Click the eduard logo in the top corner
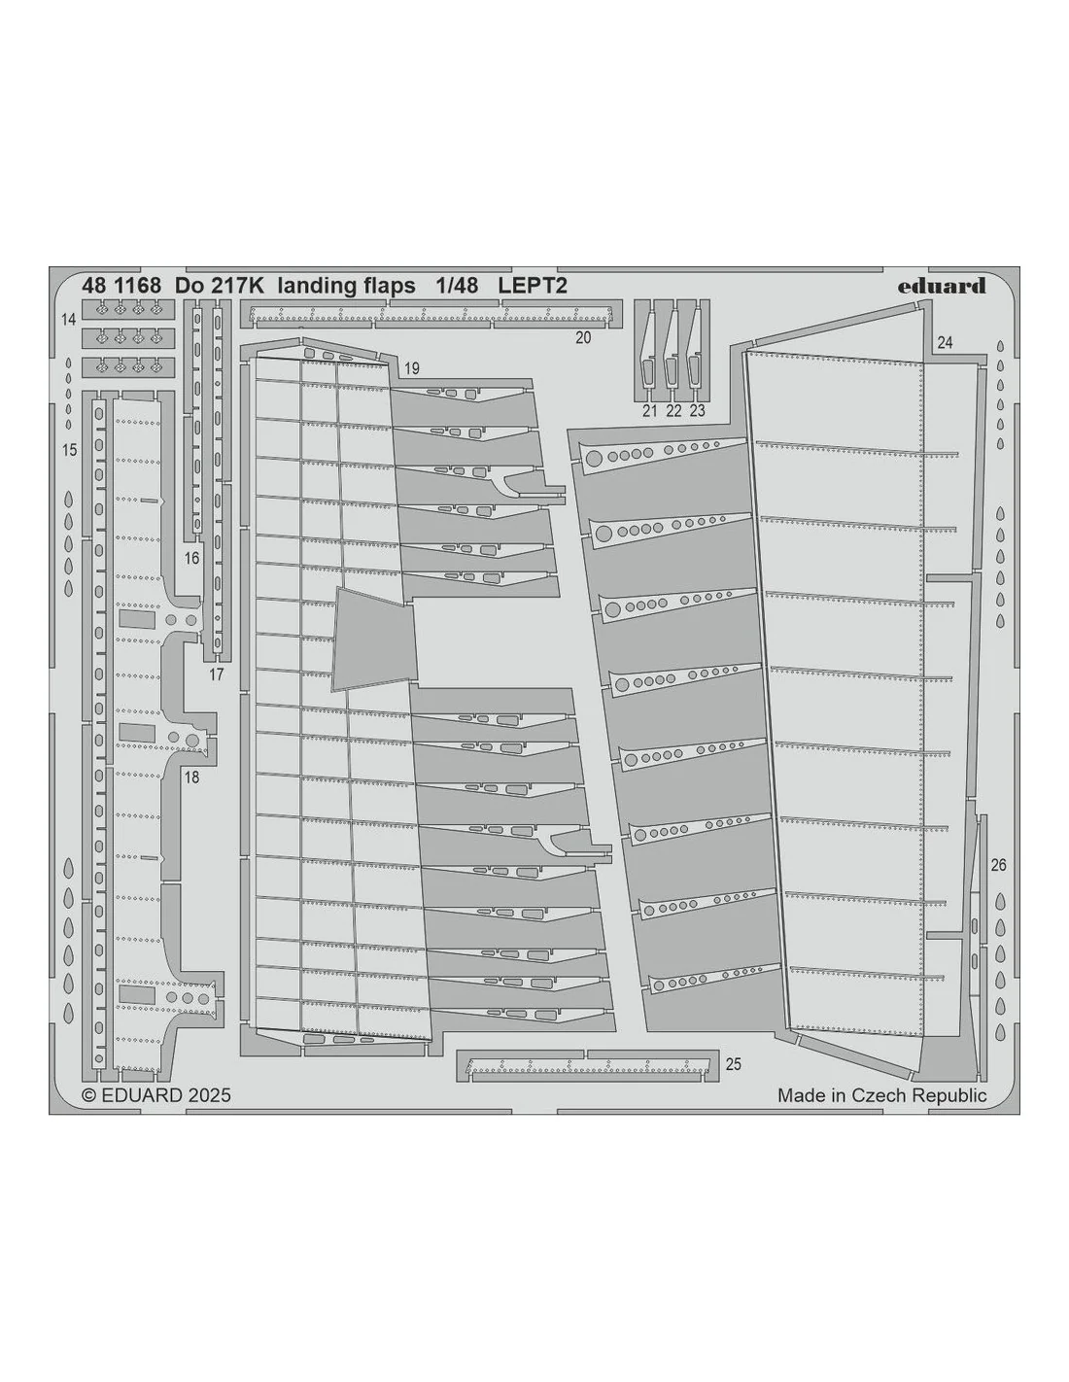coord(941,286)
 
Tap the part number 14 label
coord(69,320)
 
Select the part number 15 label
coord(69,450)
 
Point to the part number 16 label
coord(191,558)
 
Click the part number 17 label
coord(216,674)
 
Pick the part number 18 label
coord(191,777)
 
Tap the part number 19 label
coord(411,368)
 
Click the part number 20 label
coord(583,337)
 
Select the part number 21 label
coord(649,411)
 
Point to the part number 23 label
coord(697,411)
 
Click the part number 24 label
coord(945,343)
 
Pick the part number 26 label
coord(998,865)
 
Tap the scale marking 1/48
coord(457,286)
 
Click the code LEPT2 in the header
coord(532,286)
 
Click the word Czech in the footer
coord(881,1095)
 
